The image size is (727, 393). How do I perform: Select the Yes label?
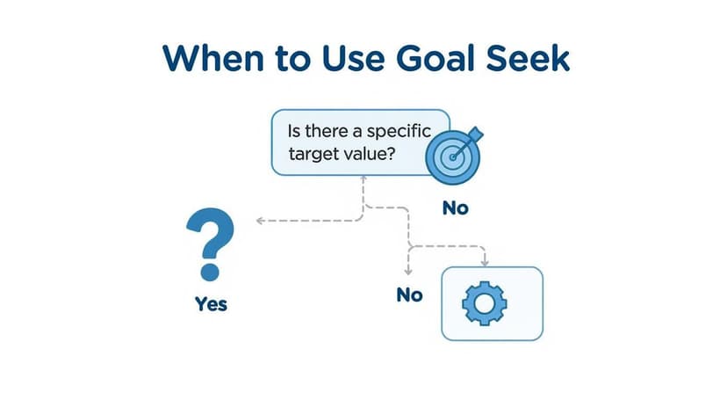pos(211,304)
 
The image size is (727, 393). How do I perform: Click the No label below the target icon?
pos(456,208)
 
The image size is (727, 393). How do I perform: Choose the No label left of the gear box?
pos(410,295)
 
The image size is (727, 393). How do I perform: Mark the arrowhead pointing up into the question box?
pos(363,178)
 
